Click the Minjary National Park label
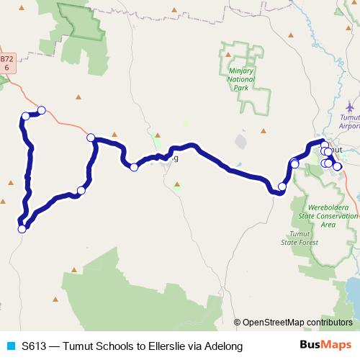[x=240, y=76]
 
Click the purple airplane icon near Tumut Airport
[x=349, y=107]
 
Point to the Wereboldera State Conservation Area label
[x=328, y=215]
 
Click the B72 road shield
[x=6, y=63]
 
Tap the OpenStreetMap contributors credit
[x=294, y=323]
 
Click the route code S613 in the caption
[x=34, y=346]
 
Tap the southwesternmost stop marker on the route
[x=22, y=229]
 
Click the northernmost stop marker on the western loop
[x=42, y=110]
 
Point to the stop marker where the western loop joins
[x=91, y=138]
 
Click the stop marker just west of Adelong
[x=134, y=167]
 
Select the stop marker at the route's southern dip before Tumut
[x=282, y=186]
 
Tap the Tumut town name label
[x=337, y=149]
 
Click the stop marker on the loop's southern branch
[x=81, y=191]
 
